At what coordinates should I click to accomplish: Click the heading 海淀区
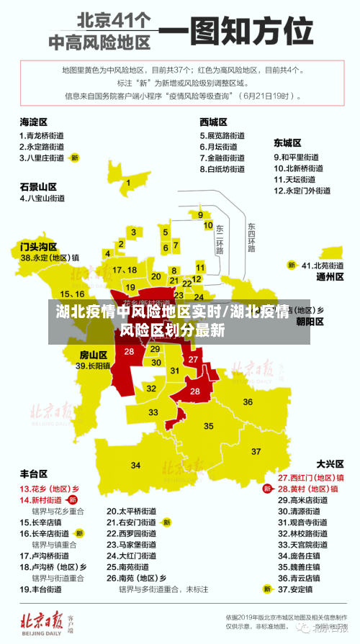(34, 122)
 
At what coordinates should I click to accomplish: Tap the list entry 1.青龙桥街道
(42, 135)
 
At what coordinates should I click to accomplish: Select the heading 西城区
(213, 122)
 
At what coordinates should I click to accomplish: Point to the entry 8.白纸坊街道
(222, 169)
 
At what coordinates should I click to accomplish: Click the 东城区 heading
(287, 142)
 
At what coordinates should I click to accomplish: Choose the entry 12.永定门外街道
(302, 191)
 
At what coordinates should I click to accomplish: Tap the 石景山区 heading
(38, 186)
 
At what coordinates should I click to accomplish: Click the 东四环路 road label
(251, 237)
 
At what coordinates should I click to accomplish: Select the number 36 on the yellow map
(248, 401)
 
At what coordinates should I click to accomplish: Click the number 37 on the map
(256, 451)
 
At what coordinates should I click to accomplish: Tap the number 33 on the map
(153, 412)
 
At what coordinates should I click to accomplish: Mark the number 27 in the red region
(193, 359)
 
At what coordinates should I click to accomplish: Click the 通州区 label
(330, 276)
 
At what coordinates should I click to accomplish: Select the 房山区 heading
(93, 355)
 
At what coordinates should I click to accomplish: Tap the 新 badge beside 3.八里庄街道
(74, 157)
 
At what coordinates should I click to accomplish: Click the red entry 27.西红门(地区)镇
(311, 477)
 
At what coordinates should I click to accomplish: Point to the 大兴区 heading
(330, 463)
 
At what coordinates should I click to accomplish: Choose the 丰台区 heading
(34, 474)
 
